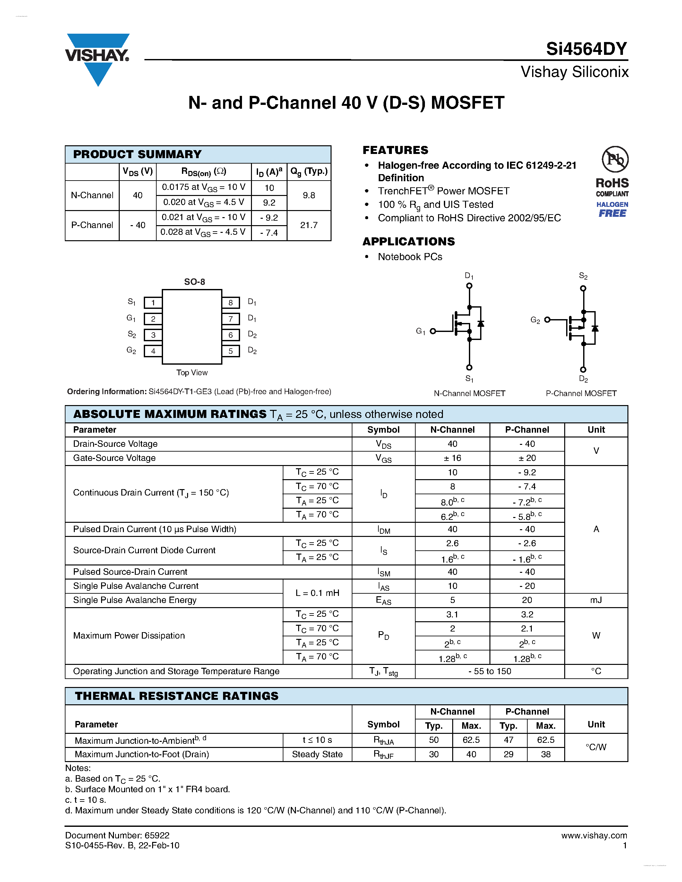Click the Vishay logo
(97, 56)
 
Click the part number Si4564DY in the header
(586, 49)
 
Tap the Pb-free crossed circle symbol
(615, 159)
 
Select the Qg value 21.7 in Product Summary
(309, 225)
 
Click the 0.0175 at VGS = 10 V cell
(203, 187)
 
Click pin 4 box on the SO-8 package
(153, 351)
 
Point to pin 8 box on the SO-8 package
(230, 302)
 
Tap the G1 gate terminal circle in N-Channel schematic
(433, 331)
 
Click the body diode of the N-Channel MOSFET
(481, 324)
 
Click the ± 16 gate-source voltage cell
(452, 458)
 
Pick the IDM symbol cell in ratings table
(384, 530)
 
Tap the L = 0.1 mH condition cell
(317, 593)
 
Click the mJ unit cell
(596, 600)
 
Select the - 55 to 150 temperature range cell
(489, 671)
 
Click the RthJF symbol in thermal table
(383, 754)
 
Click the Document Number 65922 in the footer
(117, 835)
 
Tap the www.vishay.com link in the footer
(594, 835)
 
